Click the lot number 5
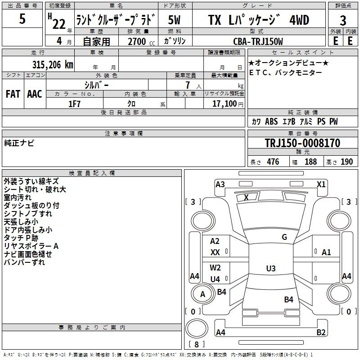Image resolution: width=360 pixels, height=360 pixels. [x=22, y=18]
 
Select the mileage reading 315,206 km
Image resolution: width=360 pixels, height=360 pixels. [x=53, y=65]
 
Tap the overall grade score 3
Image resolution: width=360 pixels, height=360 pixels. [x=343, y=21]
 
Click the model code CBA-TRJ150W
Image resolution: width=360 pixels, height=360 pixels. [x=258, y=41]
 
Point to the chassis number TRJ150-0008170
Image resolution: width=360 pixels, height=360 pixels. [x=302, y=143]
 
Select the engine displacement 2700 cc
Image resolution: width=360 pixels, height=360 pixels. [x=141, y=41]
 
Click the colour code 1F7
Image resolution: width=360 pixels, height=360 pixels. [x=74, y=104]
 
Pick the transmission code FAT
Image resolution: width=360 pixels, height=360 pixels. [x=13, y=94]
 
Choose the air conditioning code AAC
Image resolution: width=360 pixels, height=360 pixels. [x=35, y=94]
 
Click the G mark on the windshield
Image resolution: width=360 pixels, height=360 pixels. [x=284, y=237]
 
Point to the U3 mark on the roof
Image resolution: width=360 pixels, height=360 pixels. [x=271, y=268]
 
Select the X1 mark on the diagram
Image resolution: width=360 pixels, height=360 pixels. [x=321, y=184]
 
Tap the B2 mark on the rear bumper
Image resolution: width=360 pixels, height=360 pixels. [x=321, y=332]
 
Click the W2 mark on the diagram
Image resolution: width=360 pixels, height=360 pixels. [x=215, y=268]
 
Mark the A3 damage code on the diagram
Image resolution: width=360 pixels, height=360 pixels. [x=220, y=184]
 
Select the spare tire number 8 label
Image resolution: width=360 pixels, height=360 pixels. [x=197, y=344]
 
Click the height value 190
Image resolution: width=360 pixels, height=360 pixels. [x=346, y=162]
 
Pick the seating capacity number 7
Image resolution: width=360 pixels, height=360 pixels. [x=188, y=85]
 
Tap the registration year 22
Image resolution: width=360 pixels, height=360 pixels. [x=59, y=24]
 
